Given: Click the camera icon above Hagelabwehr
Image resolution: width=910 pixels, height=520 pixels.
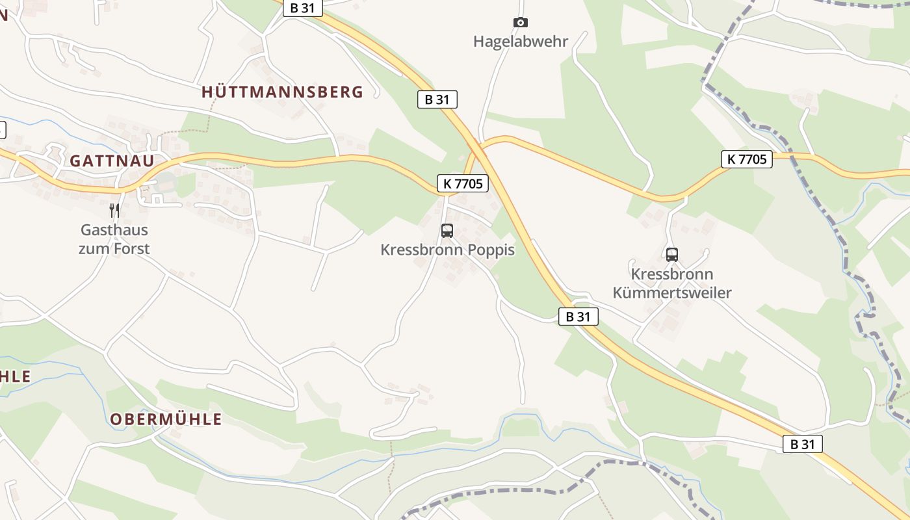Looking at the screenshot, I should pyautogui.click(x=520, y=23).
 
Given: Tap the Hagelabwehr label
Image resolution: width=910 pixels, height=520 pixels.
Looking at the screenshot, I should pyautogui.click(x=521, y=42).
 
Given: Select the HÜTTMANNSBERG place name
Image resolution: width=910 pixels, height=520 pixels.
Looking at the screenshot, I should pyautogui.click(x=282, y=92).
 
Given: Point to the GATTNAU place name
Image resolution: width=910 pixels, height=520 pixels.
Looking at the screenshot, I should pyautogui.click(x=112, y=161).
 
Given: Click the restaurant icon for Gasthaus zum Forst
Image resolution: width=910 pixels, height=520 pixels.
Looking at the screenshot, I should pyautogui.click(x=114, y=210).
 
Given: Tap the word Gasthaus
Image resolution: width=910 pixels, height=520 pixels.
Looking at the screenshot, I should pyautogui.click(x=114, y=230).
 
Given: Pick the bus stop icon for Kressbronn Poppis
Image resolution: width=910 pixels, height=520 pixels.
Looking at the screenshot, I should pyautogui.click(x=447, y=230).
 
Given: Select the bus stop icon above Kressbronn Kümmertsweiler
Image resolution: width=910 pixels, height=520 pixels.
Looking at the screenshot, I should pyautogui.click(x=672, y=254).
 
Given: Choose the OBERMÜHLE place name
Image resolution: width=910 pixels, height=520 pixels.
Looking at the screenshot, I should pyautogui.click(x=166, y=419).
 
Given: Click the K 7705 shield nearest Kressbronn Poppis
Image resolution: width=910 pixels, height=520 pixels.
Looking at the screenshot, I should pyautogui.click(x=463, y=184).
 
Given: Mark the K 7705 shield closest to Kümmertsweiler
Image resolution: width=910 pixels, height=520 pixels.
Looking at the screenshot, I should pyautogui.click(x=747, y=159).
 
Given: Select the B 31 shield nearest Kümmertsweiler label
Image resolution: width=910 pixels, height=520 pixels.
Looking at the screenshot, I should pyautogui.click(x=578, y=317).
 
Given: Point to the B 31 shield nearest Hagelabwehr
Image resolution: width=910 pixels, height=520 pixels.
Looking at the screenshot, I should pyautogui.click(x=437, y=99).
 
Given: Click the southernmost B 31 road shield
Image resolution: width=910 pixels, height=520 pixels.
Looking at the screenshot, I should pyautogui.click(x=803, y=445).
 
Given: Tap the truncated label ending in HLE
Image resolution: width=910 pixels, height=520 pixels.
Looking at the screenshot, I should pyautogui.click(x=15, y=376).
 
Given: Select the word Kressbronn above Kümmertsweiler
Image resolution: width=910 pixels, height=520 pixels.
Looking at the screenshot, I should pyautogui.click(x=672, y=274).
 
